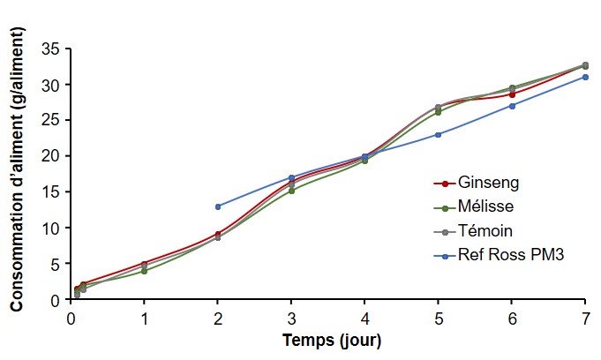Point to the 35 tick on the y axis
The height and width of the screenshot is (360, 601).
(52, 49)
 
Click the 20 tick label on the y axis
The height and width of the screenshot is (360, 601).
(52, 156)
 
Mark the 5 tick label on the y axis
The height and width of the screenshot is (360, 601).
(56, 264)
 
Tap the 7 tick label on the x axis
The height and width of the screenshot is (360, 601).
(585, 316)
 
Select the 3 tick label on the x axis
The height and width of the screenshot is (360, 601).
(291, 316)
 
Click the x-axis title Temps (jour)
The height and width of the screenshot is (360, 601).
(331, 340)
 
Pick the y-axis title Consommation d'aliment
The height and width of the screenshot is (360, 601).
(17, 176)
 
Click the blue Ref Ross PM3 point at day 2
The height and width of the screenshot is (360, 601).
(218, 206)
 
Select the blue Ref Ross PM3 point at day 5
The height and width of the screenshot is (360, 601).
(439, 134)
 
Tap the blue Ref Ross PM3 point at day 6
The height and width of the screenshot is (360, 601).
(512, 106)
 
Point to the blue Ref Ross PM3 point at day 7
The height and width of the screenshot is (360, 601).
(585, 77)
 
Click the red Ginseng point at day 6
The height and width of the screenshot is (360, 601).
(512, 94)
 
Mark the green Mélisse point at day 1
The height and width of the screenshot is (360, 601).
(144, 271)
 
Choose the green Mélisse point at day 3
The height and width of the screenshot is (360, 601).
(291, 191)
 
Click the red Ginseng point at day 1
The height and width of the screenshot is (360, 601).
(144, 264)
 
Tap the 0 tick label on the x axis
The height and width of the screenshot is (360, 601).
(71, 316)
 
